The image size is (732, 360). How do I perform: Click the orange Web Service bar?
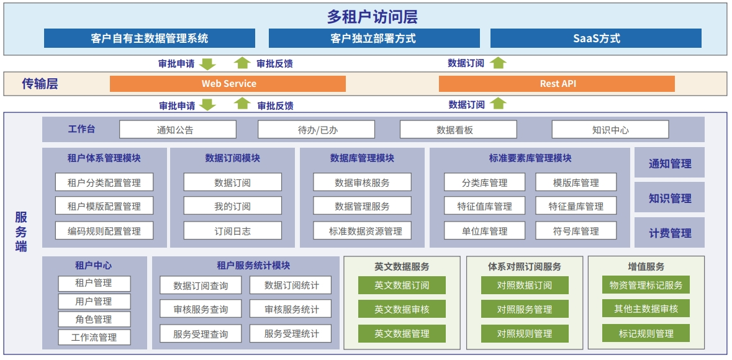point(228,84)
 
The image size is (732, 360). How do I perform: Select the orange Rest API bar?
point(557,84)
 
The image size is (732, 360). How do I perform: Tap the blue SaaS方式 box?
point(595,38)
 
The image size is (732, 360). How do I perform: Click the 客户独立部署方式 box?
point(374,38)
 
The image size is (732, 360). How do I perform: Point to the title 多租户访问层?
point(372,17)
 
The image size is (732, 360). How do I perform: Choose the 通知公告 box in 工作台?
point(178,129)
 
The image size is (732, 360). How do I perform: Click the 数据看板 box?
point(458,129)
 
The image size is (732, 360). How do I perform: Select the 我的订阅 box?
point(232,206)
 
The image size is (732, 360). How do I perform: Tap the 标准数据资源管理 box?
point(362,231)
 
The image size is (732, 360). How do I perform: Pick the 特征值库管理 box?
point(484,206)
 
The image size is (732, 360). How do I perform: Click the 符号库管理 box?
point(576,231)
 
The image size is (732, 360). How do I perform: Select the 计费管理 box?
point(669,233)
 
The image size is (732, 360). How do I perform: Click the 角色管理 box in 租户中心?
point(94,320)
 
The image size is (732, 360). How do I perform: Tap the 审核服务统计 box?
point(291,308)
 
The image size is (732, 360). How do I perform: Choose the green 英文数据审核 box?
point(402,308)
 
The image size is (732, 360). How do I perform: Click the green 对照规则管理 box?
point(525,333)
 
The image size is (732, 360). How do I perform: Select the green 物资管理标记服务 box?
point(646,285)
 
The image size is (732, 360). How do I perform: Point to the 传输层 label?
point(40,84)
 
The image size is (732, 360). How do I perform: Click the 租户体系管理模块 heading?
point(104,158)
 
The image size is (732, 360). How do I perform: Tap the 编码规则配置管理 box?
point(104,231)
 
